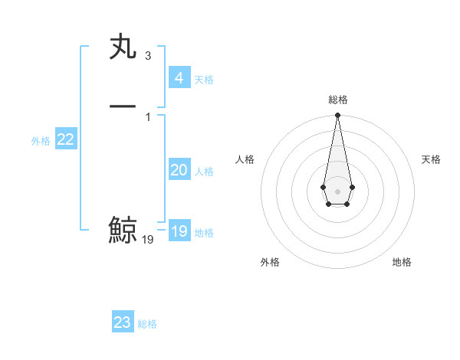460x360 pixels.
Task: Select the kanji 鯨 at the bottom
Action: [123, 230]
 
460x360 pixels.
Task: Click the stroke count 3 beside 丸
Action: [147, 56]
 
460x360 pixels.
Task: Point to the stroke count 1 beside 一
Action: [147, 116]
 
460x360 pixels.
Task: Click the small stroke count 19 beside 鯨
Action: [148, 240]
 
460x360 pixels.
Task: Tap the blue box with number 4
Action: [179, 77]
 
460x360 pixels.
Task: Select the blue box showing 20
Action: [179, 170]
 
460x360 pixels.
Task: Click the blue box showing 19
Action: [179, 231]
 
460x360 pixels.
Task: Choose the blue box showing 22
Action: [66, 139]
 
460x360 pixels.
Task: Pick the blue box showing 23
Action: [123, 322]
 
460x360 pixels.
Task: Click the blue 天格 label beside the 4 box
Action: [204, 80]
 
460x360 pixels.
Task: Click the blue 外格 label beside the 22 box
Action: [41, 141]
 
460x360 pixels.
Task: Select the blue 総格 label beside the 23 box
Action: [147, 324]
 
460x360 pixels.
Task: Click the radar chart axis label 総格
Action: [337, 100]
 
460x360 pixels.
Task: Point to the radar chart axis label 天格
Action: [431, 159]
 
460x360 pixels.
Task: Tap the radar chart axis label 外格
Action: [270, 262]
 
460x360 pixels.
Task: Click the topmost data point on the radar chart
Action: [337, 116]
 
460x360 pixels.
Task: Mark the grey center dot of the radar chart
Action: [337, 191]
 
